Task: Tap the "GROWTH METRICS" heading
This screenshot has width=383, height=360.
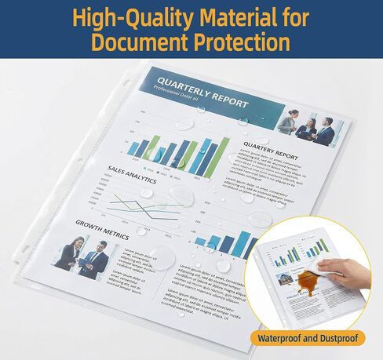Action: [103, 223]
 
